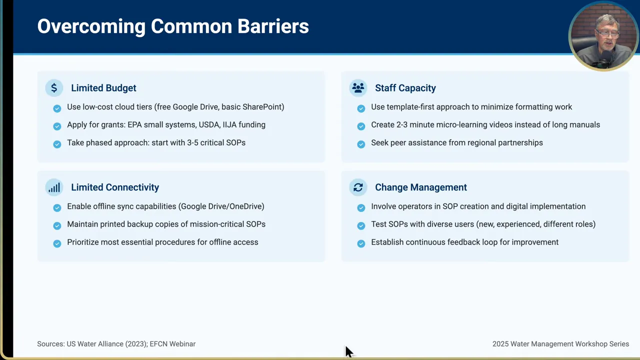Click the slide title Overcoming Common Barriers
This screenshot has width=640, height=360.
pos(173,26)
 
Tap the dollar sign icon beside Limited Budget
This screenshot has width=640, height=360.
pos(54,88)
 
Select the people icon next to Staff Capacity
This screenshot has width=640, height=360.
pos(358,88)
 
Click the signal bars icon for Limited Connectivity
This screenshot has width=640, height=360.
pos(54,187)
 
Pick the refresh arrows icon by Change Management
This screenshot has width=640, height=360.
pos(358,187)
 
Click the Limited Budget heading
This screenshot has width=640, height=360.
pos(103,88)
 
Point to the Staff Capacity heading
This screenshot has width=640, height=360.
pos(405,88)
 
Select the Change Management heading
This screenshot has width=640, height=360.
pos(420,187)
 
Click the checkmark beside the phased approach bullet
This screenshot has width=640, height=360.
pos(57,144)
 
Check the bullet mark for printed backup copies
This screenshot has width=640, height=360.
pos(57,225)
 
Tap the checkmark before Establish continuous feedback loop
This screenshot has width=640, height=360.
pos(361,243)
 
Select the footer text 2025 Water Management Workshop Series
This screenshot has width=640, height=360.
pos(560,344)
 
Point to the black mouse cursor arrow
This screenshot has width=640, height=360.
pos(348,351)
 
